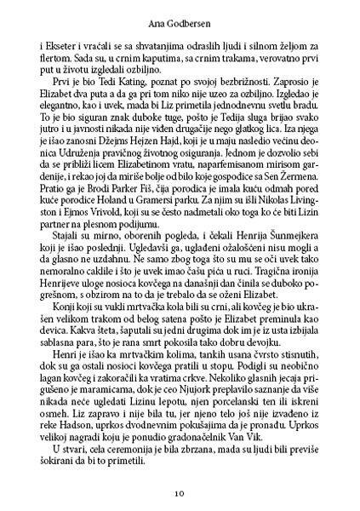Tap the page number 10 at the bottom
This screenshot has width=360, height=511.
pyautogui.click(x=180, y=492)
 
